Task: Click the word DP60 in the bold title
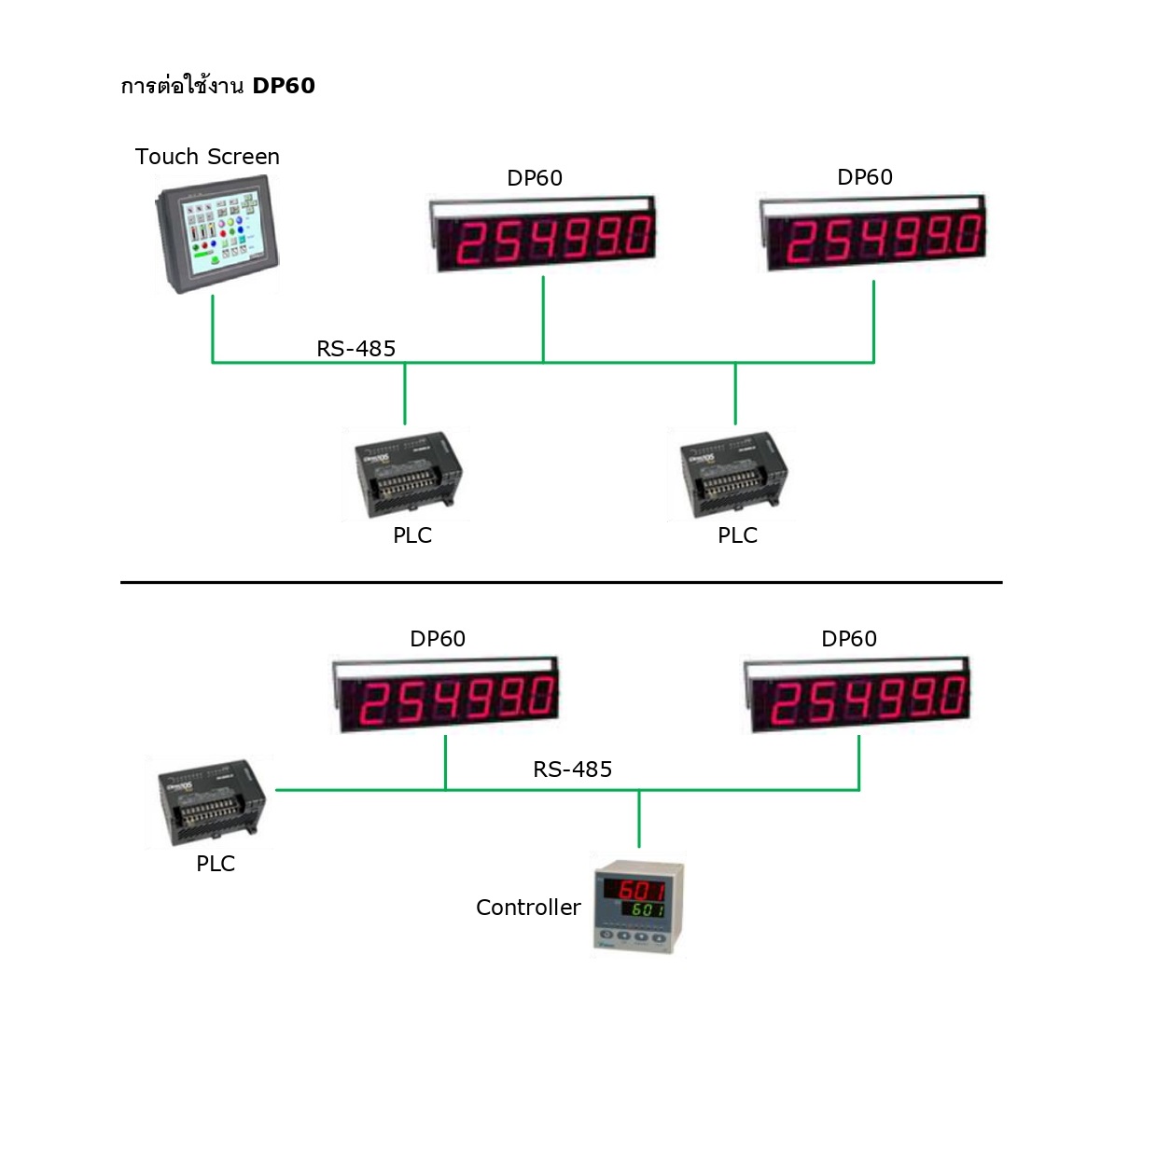(284, 86)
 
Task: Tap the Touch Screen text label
(207, 157)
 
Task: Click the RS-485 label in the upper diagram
(356, 349)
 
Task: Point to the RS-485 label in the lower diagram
(573, 770)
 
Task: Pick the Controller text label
(528, 908)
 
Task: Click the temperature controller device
(639, 906)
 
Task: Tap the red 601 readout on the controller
(641, 889)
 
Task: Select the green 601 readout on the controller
(646, 909)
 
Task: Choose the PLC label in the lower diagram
(216, 864)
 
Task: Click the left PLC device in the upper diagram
(408, 475)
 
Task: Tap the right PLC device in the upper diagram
(733, 475)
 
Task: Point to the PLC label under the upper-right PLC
(737, 535)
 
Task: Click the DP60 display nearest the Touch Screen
(543, 233)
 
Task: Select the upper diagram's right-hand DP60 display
(873, 233)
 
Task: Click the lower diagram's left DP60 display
(446, 695)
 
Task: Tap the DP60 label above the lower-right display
(849, 639)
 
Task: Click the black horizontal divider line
(561, 582)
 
